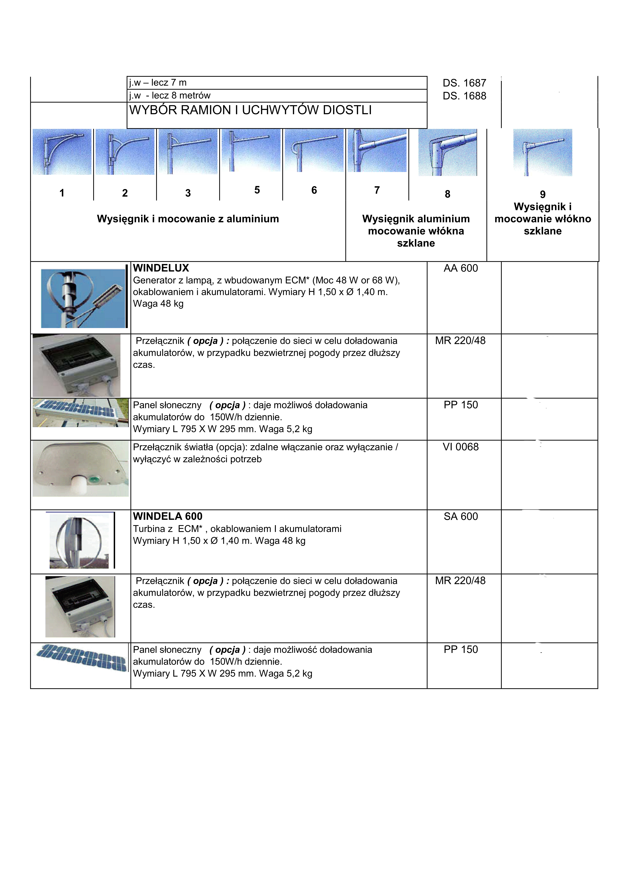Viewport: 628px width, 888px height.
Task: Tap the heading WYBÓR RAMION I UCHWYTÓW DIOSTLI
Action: [250, 110]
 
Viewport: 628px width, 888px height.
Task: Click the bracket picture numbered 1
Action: [62, 152]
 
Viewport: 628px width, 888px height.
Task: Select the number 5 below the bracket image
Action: [257, 190]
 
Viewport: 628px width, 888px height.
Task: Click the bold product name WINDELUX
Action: [161, 268]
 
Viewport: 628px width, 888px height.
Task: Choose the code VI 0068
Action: [460, 447]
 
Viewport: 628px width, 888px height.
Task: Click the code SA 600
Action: [460, 517]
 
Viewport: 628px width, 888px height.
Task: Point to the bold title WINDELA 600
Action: [168, 517]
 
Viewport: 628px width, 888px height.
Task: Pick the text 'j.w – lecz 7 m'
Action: [158, 83]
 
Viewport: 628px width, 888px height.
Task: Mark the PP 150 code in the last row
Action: [460, 650]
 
